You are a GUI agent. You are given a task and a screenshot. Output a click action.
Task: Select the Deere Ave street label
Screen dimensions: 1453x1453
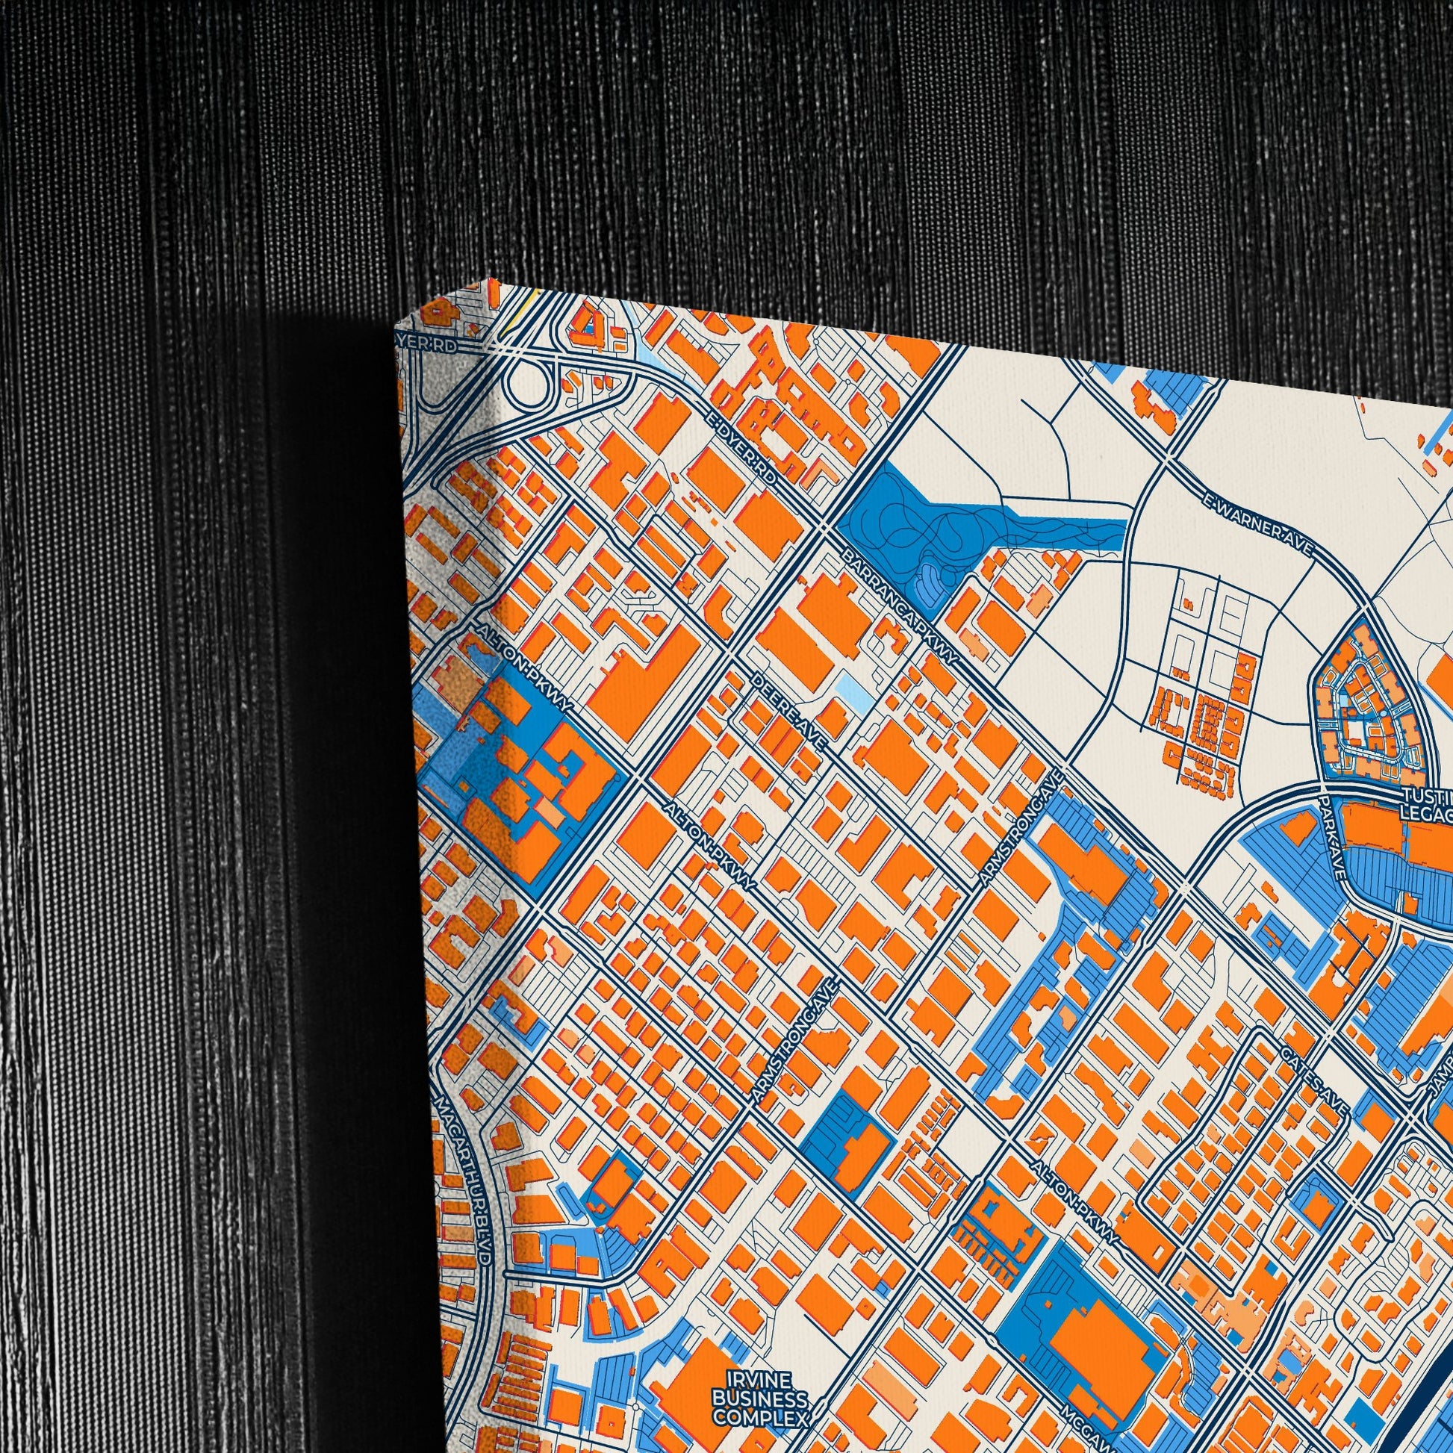point(790,710)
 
